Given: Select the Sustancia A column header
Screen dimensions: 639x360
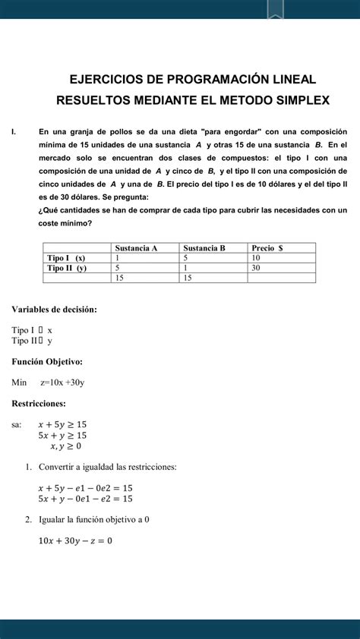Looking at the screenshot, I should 136,247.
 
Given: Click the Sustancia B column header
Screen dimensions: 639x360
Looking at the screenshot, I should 204,247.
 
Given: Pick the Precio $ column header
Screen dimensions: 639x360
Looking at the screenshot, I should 267,247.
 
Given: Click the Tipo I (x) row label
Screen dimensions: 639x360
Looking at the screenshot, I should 66,258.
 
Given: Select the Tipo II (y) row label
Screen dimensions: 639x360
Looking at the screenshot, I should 67,268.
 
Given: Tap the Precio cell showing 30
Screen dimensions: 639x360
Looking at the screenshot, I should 257,268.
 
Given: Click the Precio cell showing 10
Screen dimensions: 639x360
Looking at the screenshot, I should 257,258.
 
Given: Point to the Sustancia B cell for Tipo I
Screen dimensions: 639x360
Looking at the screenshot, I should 186,258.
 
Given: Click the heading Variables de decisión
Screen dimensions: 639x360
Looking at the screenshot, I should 54,309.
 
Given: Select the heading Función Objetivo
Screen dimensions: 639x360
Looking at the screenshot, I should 47,361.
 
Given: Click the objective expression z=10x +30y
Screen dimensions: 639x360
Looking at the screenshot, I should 62,382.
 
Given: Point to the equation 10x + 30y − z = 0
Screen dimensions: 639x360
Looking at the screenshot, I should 74,540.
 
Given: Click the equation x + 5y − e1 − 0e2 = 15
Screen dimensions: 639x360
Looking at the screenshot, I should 85,488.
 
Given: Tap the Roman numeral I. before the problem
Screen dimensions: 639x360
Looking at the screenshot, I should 14,131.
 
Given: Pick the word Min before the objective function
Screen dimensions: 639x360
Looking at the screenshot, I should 19,382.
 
